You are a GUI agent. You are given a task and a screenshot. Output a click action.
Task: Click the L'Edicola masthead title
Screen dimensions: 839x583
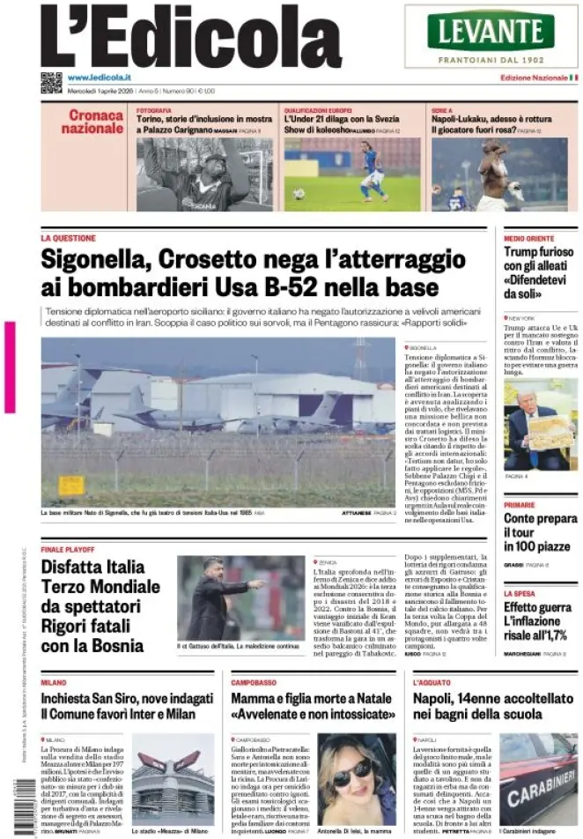[x=190, y=37]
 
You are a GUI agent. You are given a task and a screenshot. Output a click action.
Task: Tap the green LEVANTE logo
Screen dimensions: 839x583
[x=491, y=31]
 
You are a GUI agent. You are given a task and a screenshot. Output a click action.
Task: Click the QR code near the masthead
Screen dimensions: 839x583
[x=51, y=82]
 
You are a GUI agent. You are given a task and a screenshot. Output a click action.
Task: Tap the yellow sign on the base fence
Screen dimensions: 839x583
[x=71, y=485]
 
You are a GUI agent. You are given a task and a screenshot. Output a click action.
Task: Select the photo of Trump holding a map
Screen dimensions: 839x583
[x=540, y=425]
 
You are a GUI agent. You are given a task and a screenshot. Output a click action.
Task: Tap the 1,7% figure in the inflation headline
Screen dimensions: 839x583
[x=551, y=635]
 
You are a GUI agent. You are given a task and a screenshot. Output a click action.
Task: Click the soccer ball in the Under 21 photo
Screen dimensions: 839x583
[x=299, y=194]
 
